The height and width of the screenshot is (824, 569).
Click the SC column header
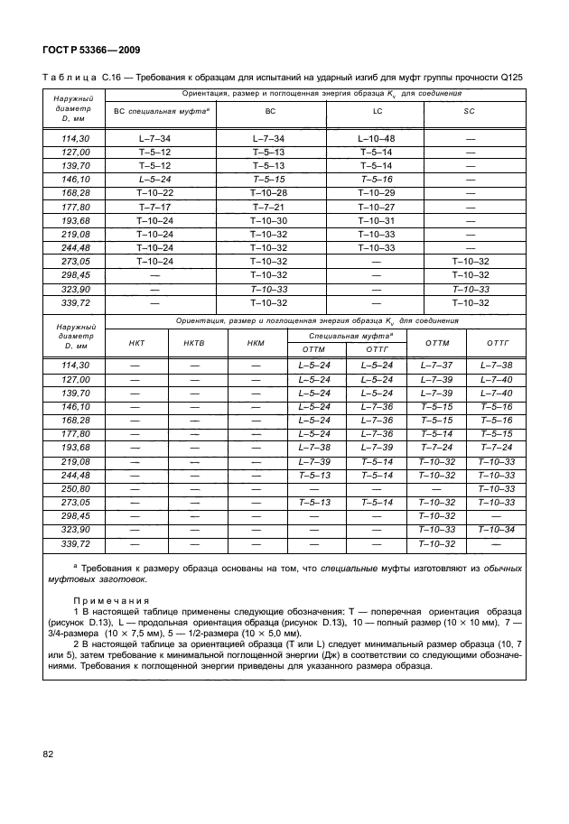pyautogui.click(x=469, y=110)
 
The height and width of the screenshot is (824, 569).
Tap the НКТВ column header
pyautogui.click(x=193, y=343)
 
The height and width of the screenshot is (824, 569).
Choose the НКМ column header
pyautogui.click(x=255, y=343)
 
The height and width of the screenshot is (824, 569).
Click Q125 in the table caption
pyautogui.click(x=509, y=78)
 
